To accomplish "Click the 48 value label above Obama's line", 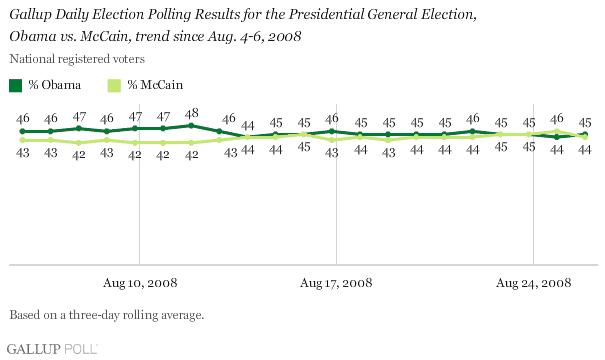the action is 191,113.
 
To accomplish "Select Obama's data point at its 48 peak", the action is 191,126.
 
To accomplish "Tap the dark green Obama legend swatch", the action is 15,85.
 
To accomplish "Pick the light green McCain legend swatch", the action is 114,85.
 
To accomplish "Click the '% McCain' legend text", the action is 155,85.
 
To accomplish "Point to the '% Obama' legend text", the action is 54,85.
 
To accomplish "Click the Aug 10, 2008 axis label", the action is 140,283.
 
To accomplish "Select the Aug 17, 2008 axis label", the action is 336,283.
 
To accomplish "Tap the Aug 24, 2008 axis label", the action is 533,283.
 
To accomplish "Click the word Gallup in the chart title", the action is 30,15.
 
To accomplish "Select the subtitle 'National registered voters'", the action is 77,59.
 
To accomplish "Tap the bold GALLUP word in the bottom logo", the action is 34,349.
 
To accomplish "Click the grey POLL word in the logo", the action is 81,349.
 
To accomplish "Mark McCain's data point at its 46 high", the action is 556,132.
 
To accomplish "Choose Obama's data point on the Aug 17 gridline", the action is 332,131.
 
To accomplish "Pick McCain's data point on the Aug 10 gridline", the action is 135,143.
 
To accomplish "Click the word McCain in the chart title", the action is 104,36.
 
